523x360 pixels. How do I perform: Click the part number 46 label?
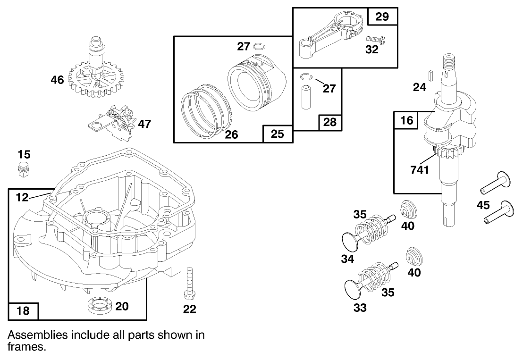tap(57, 80)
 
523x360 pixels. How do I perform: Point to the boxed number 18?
tap(23, 310)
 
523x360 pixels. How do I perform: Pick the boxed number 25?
tap(278, 134)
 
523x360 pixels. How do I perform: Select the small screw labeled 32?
tap(374, 39)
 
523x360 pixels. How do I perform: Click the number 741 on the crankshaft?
tap(420, 169)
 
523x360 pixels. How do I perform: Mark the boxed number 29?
tap(382, 17)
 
